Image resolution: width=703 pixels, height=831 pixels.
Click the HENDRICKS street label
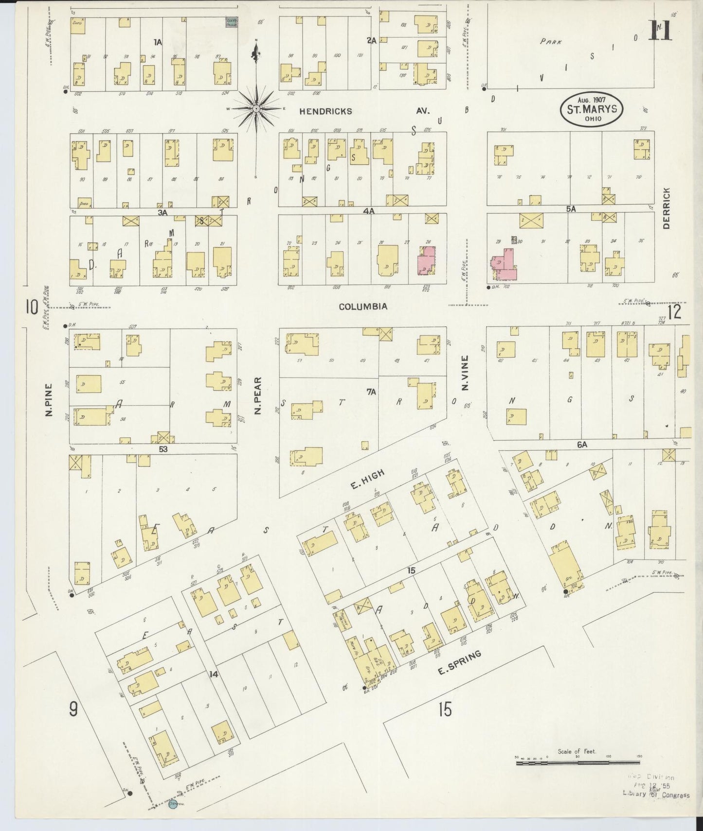tap(325, 111)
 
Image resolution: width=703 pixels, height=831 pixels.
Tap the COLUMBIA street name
tap(363, 307)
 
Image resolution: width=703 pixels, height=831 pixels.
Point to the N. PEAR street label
tap(258, 396)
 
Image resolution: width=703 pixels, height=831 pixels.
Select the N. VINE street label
tap(465, 373)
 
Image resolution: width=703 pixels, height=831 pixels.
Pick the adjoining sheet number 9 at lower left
tap(73, 710)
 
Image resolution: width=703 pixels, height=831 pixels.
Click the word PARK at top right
tap(551, 42)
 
